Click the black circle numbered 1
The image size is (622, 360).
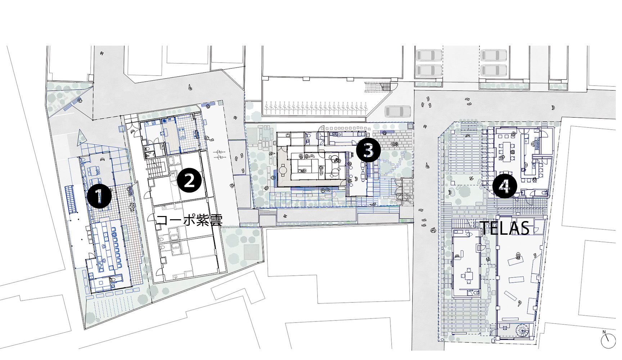[99, 196]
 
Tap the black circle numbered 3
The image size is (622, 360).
[368, 150]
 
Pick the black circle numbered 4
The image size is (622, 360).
[505, 186]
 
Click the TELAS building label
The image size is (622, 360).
[505, 228]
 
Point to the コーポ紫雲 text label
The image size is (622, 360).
[189, 220]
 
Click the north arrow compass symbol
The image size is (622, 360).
[608, 339]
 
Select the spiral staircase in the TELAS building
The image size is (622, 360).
[523, 330]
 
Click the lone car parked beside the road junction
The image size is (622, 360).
[398, 111]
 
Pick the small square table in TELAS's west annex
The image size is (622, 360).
[468, 276]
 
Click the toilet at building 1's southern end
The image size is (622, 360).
[113, 280]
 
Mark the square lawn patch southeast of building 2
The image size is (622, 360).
[252, 251]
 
